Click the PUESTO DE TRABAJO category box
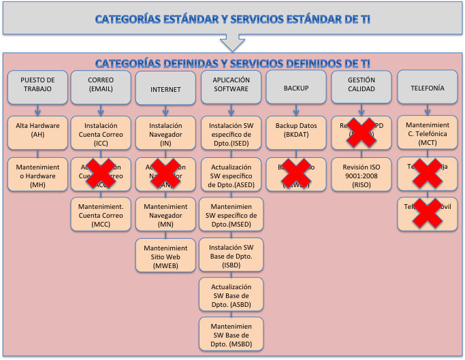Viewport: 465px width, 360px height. click(x=37, y=88)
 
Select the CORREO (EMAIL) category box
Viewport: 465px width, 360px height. click(x=100, y=88)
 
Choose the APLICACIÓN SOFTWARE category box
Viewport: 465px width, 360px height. click(x=230, y=88)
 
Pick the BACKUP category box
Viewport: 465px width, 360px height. click(x=296, y=88)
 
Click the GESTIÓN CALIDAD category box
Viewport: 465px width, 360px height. click(x=361, y=88)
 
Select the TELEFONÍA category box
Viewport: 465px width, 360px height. click(x=427, y=88)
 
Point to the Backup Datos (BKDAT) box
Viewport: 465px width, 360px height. click(x=296, y=131)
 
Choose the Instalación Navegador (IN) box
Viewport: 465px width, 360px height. click(x=165, y=131)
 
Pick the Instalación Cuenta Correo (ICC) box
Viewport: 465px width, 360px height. click(x=100, y=131)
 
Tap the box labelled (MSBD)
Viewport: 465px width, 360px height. click(x=230, y=333)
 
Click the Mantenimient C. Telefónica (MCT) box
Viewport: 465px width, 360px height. click(x=427, y=131)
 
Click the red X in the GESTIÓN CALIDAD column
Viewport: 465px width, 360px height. click(x=362, y=131)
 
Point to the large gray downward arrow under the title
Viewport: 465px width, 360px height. click(x=233, y=42)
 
